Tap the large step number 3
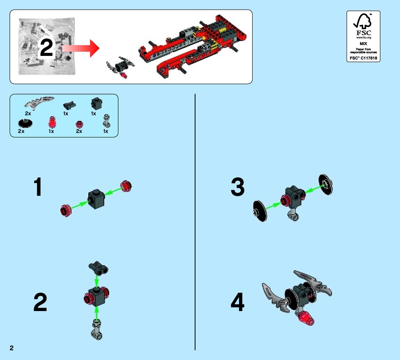click(x=238, y=187)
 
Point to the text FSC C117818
click(x=363, y=58)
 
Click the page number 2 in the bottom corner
click(x=12, y=348)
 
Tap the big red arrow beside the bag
click(x=82, y=48)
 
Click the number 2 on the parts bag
click(x=47, y=48)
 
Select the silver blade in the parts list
click(x=40, y=102)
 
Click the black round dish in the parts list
click(x=25, y=123)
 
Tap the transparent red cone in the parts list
click(x=52, y=122)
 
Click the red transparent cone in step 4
click(x=305, y=318)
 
